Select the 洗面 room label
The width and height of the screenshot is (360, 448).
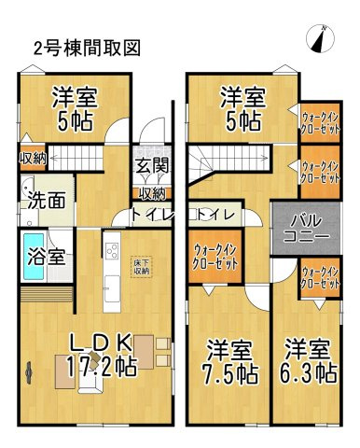(44, 199)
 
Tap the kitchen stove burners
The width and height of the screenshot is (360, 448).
(112, 252)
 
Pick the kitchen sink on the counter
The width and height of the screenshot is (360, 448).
(111, 285)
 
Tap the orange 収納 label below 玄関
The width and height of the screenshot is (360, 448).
(153, 193)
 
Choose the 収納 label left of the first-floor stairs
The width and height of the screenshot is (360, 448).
(33, 158)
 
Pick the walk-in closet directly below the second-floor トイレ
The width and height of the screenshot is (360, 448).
(215, 255)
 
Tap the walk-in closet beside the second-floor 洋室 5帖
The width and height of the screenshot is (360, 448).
(319, 121)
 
